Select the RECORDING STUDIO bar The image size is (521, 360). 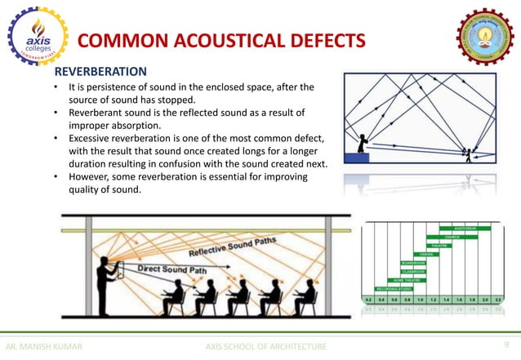click(x=394, y=288)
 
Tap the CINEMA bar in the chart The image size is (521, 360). click(x=426, y=254)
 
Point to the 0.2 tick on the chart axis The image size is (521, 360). click(x=368, y=300)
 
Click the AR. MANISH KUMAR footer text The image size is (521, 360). click(x=44, y=347)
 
